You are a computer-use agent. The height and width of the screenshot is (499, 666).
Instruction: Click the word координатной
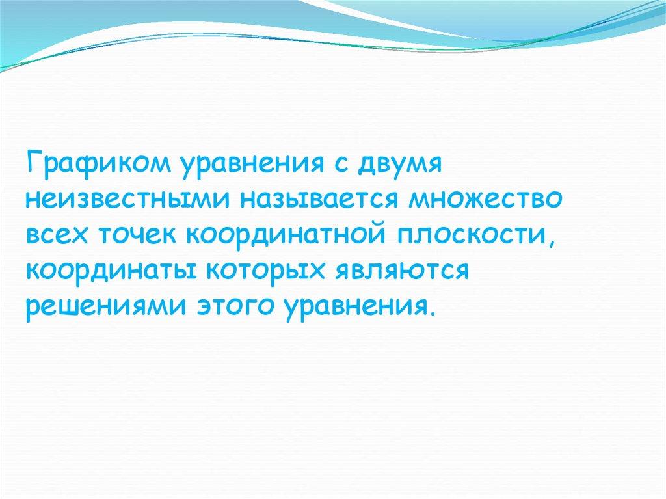[x=285, y=235]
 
